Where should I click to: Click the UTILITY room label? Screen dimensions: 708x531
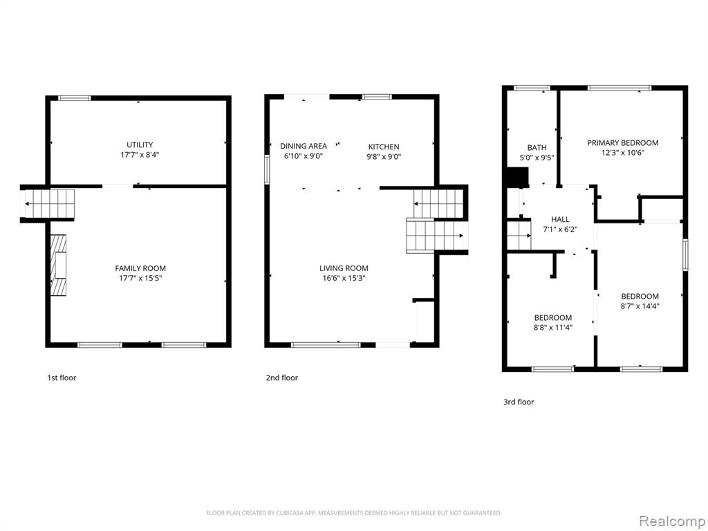point(140,145)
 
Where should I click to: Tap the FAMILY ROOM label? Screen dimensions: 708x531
point(140,268)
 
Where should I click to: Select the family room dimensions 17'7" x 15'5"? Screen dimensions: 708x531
point(140,278)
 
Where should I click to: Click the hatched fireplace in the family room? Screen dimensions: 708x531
point(58,265)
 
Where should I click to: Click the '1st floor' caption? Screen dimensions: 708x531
point(62,378)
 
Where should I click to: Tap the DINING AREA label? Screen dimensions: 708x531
point(304,146)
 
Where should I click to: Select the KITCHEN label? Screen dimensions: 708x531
point(384,147)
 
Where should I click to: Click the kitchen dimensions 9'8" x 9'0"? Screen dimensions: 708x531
point(384,157)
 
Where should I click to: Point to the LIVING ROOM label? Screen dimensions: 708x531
point(344,268)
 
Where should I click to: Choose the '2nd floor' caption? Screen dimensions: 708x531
point(282,378)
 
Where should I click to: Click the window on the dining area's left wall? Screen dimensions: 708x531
point(267,169)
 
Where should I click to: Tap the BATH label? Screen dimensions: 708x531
point(537,148)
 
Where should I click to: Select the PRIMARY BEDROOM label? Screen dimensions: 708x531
point(623,142)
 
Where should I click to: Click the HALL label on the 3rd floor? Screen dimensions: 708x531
point(560,219)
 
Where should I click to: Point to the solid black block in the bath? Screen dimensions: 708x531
point(517,177)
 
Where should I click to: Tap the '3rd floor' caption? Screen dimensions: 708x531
point(519,402)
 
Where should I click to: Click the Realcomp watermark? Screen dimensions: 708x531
point(672,521)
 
